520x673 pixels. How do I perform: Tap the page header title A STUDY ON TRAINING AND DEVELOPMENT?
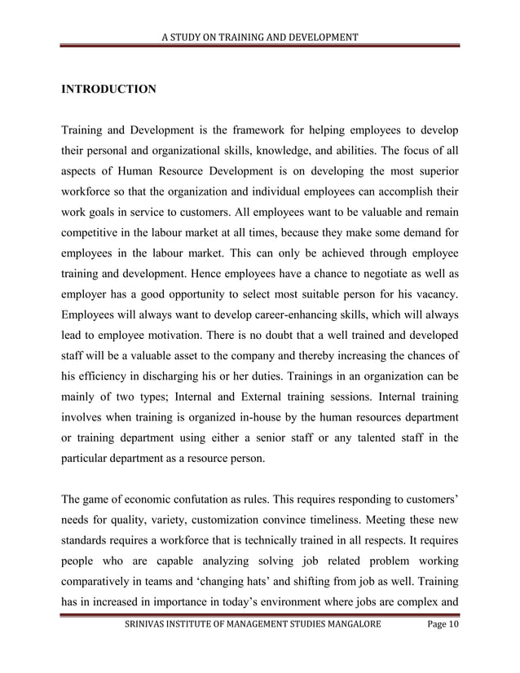coord(260,37)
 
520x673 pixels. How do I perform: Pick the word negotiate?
coord(383,279)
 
